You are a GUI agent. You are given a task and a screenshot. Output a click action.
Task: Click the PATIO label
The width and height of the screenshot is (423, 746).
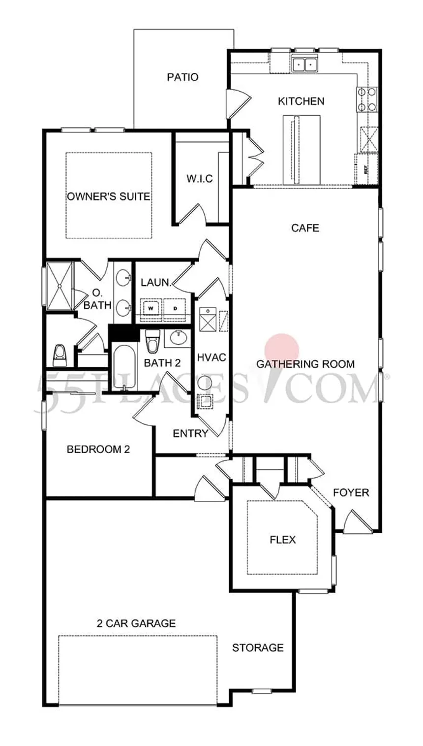182,77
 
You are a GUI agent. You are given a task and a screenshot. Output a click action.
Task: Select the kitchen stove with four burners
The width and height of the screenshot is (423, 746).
367,99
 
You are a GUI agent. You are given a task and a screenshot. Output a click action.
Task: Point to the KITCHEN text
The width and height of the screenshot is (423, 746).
301,101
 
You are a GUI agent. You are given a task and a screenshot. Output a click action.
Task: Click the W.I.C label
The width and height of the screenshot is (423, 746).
200,179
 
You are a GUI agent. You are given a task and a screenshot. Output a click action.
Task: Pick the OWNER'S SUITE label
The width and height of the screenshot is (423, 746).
109,196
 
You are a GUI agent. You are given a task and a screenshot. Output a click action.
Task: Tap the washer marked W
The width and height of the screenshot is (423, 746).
151,309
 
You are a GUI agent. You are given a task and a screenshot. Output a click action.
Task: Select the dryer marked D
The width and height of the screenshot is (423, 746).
175,309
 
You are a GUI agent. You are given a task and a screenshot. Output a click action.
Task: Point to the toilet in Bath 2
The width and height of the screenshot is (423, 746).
152,341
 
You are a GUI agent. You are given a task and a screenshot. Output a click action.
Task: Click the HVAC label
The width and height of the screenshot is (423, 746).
211,357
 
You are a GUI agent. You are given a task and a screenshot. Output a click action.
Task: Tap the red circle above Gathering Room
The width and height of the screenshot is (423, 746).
282,351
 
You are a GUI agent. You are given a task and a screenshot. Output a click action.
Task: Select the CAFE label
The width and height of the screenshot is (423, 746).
305,228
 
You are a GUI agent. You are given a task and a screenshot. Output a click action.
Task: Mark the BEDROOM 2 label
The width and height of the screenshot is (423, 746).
98,450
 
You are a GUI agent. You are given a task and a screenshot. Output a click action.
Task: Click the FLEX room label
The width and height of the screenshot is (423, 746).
283,540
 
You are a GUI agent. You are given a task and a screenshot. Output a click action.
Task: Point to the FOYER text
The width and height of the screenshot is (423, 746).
351,492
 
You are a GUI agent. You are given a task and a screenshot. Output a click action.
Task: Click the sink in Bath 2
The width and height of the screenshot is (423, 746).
179,337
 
